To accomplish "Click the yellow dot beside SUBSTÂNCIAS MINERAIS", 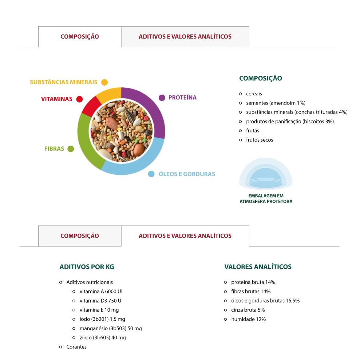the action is pyautogui.click(x=104, y=82).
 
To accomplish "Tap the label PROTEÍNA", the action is pyautogui.click(x=182, y=98).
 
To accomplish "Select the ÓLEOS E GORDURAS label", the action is pyautogui.click(x=187, y=174).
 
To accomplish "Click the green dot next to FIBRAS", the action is pyautogui.click(x=71, y=149).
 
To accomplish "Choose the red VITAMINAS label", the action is pyautogui.click(x=57, y=99).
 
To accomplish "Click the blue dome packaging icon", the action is pyautogui.click(x=266, y=173).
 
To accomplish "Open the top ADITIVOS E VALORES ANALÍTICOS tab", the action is pyautogui.click(x=185, y=37).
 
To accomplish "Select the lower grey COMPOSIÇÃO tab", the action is pyautogui.click(x=80, y=236).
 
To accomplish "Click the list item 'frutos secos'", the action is pyautogui.click(x=260, y=140).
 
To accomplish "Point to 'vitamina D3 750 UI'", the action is pyautogui.click(x=101, y=301).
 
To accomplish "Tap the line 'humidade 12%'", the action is pyautogui.click(x=248, y=319).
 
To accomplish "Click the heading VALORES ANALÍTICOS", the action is pyautogui.click(x=258, y=267).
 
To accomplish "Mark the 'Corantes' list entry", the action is pyautogui.click(x=76, y=347).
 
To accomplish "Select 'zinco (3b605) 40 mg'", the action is pyautogui.click(x=103, y=338).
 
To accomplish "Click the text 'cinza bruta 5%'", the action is pyautogui.click(x=248, y=310).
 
